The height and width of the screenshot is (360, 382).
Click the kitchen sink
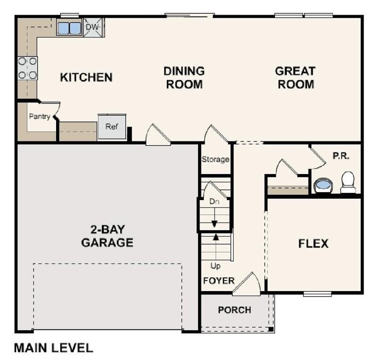click(69, 28)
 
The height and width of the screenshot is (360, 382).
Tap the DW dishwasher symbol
click(93, 27)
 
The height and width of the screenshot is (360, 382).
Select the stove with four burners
click(27, 68)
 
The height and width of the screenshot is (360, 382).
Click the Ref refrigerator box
click(112, 127)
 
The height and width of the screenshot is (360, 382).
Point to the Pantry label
click(40, 116)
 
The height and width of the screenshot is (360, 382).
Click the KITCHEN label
click(86, 77)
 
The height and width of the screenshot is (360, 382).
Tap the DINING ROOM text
click(184, 78)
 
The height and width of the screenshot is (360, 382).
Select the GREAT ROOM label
click(295, 78)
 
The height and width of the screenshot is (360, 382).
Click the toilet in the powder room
click(348, 182)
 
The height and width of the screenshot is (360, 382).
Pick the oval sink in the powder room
click(323, 184)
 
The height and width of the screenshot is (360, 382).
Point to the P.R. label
click(341, 156)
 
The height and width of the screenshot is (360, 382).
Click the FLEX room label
click(313, 243)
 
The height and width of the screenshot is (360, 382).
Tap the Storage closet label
click(216, 159)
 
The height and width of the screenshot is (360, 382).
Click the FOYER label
click(218, 281)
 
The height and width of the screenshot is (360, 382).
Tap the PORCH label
click(234, 310)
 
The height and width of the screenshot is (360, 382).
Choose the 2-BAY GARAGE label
click(107, 236)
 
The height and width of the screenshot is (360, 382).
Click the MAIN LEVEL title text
click(53, 348)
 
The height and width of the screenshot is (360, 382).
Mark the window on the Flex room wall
click(317, 294)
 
